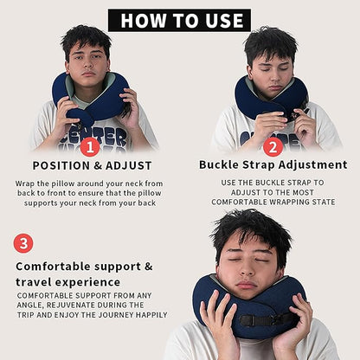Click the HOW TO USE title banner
point(179,19)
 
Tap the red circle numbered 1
point(87,146)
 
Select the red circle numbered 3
point(23,243)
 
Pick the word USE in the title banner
point(222,20)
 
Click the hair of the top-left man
point(86,37)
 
